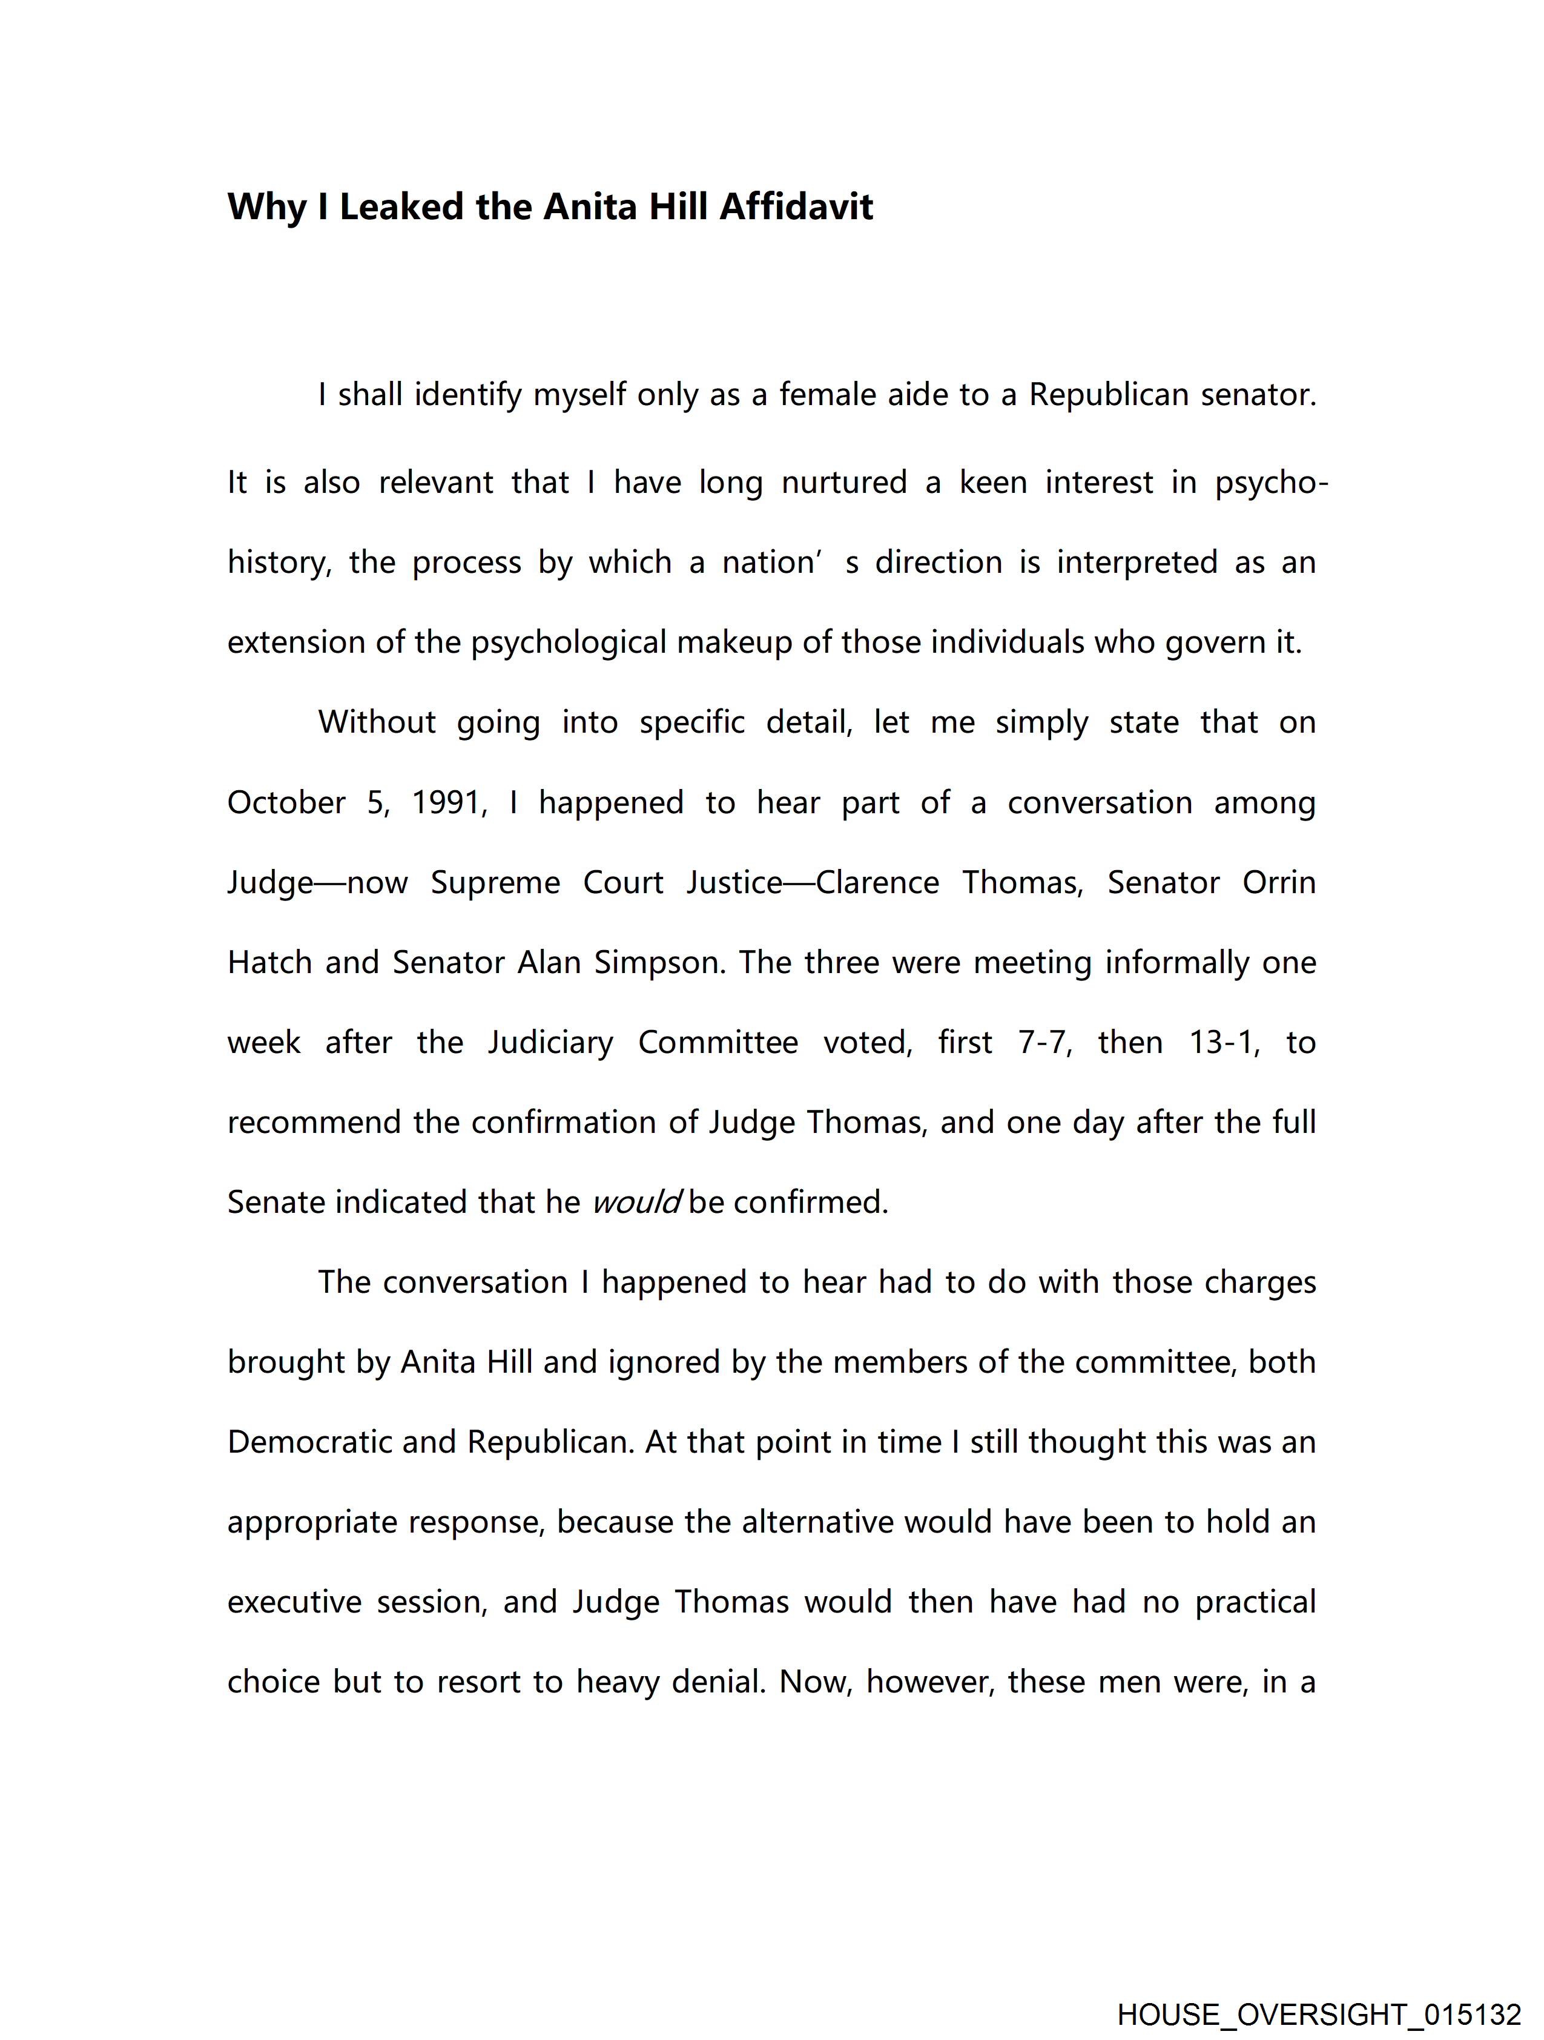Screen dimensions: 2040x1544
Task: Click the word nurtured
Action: pyautogui.click(x=844, y=483)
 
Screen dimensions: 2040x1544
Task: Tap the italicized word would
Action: pyautogui.click(x=636, y=1203)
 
